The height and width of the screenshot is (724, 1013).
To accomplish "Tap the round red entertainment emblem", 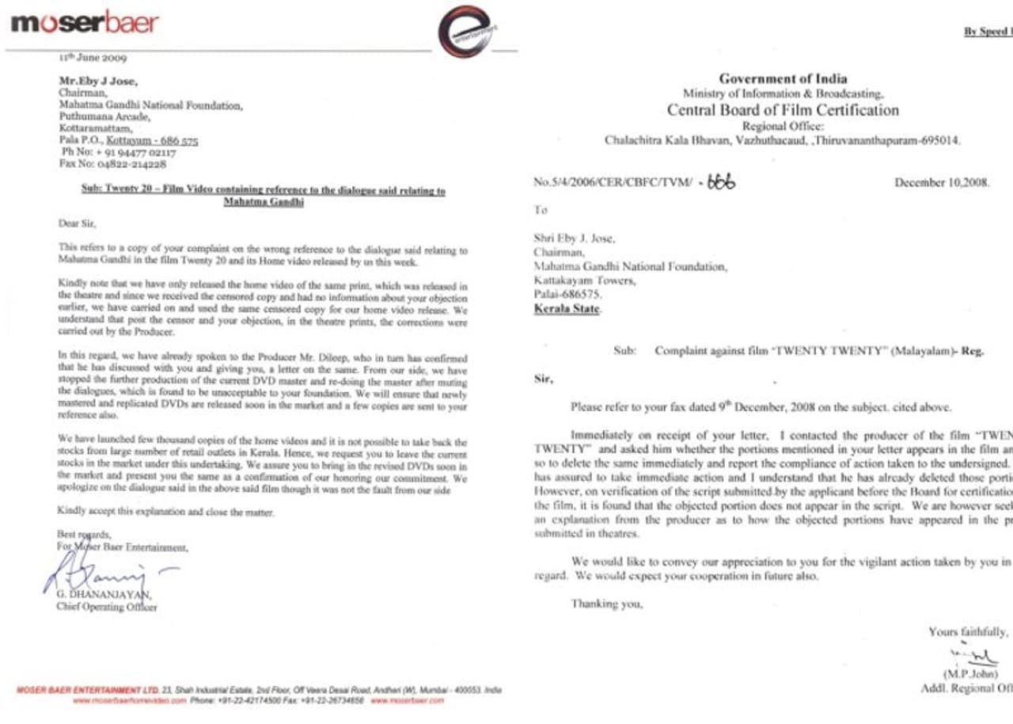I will (465, 32).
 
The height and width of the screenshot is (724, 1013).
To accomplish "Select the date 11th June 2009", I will (93, 58).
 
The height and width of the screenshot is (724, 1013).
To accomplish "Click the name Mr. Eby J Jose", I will (98, 80).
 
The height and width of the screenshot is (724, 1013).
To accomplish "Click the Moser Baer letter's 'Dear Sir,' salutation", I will (76, 224).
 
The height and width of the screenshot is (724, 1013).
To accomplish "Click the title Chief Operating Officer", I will (106, 608).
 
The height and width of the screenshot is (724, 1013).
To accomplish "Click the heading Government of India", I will (782, 78).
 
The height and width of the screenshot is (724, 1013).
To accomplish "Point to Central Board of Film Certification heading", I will (782, 110).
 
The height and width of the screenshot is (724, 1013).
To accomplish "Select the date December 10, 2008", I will (941, 182).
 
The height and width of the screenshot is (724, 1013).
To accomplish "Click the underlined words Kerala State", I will (567, 308).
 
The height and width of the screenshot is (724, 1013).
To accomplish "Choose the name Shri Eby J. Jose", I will (575, 239).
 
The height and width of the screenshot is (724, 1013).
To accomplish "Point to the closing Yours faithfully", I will (968, 632).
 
